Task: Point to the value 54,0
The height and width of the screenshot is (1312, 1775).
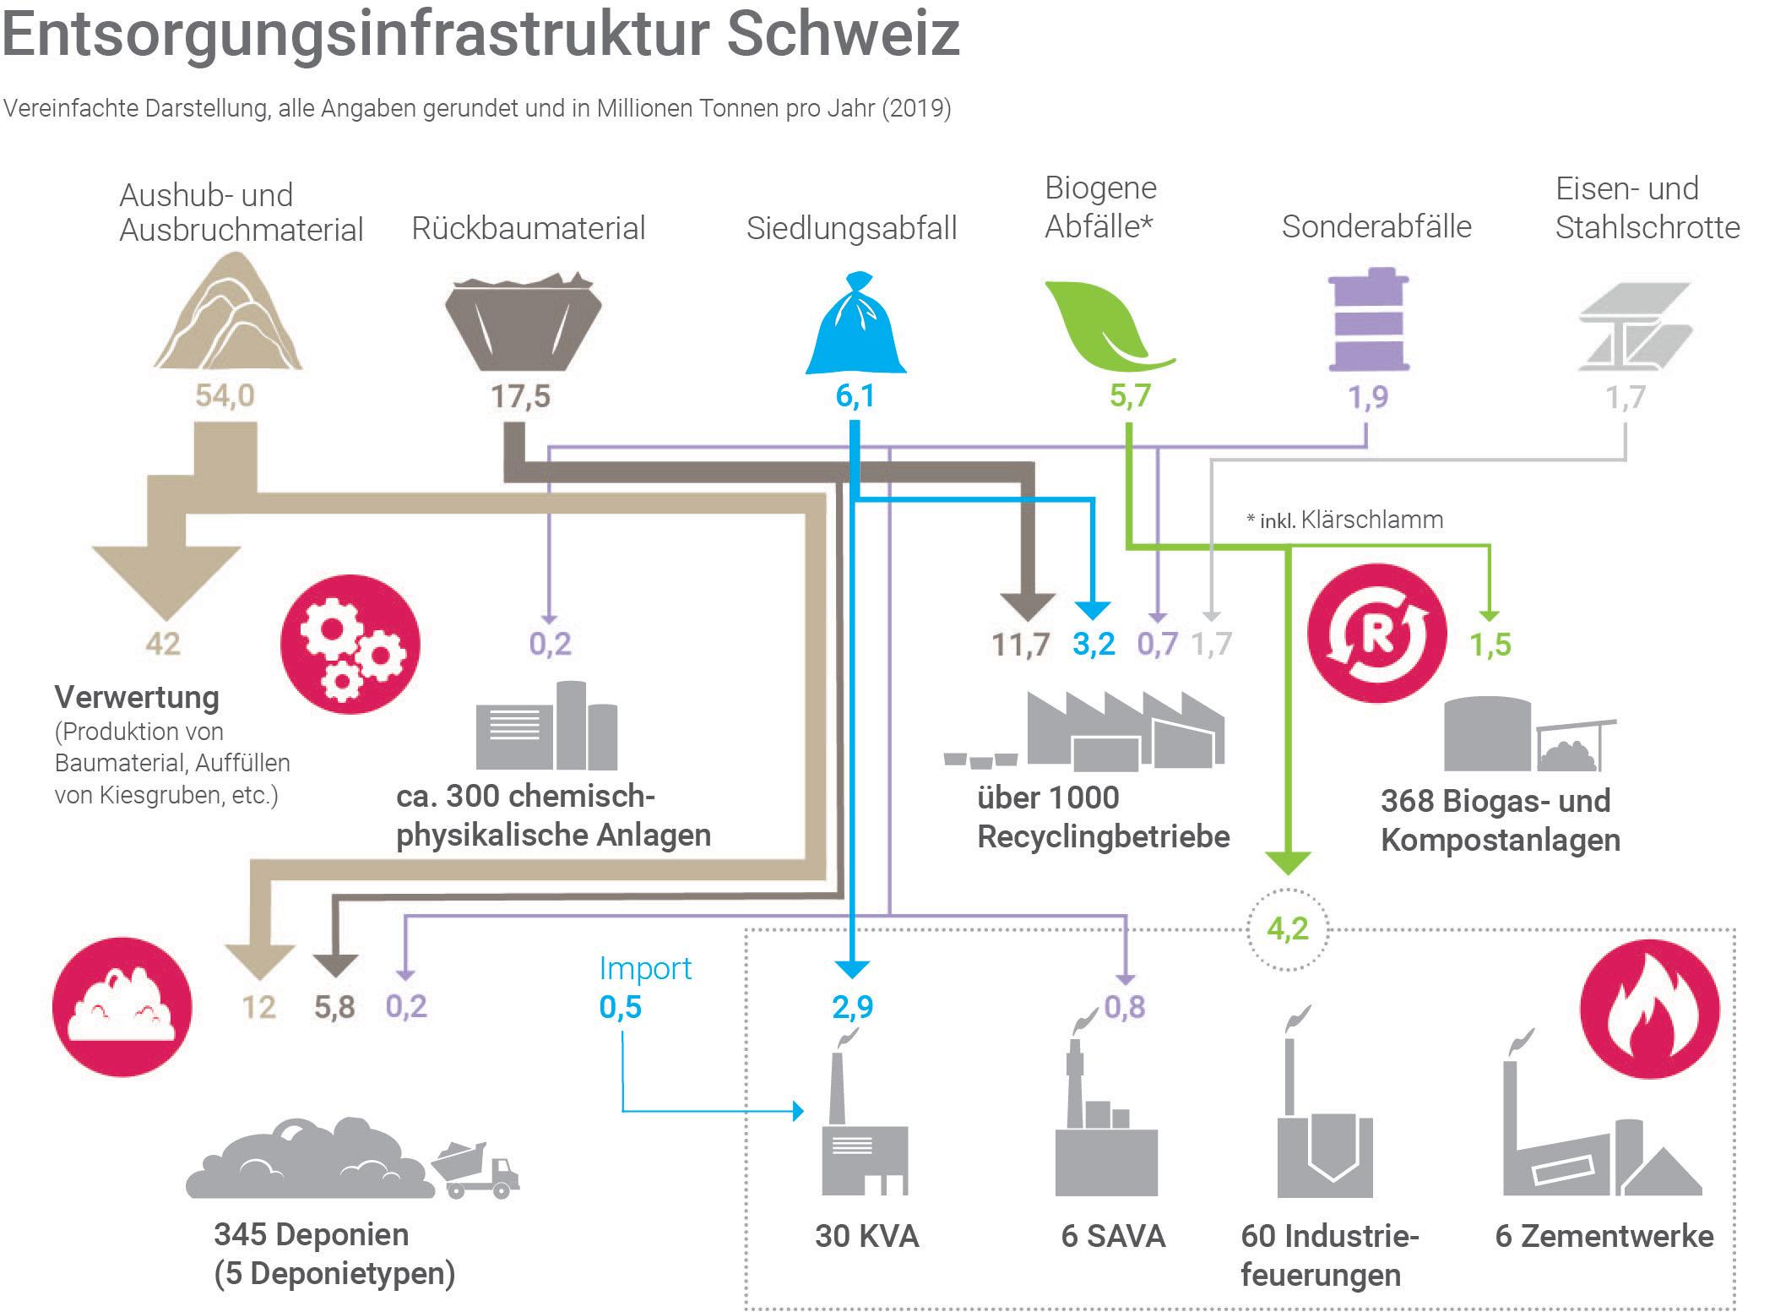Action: click(x=225, y=395)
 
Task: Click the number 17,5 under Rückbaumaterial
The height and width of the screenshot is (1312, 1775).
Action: click(x=521, y=395)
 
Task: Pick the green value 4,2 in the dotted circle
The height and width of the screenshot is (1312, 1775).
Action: click(x=1287, y=929)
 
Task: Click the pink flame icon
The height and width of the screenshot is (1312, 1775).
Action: click(x=1648, y=1010)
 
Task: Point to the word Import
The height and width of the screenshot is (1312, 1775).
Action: click(x=645, y=968)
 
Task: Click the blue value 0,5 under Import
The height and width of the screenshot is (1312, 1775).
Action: click(x=621, y=1007)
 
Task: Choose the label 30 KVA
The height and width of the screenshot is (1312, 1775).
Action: click(x=866, y=1236)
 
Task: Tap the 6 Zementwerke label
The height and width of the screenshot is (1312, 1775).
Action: click(x=1604, y=1236)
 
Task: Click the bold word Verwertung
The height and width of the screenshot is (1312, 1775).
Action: click(x=137, y=698)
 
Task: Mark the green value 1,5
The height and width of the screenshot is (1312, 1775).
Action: click(x=1490, y=645)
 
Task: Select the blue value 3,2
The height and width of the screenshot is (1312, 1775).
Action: click(x=1094, y=645)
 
